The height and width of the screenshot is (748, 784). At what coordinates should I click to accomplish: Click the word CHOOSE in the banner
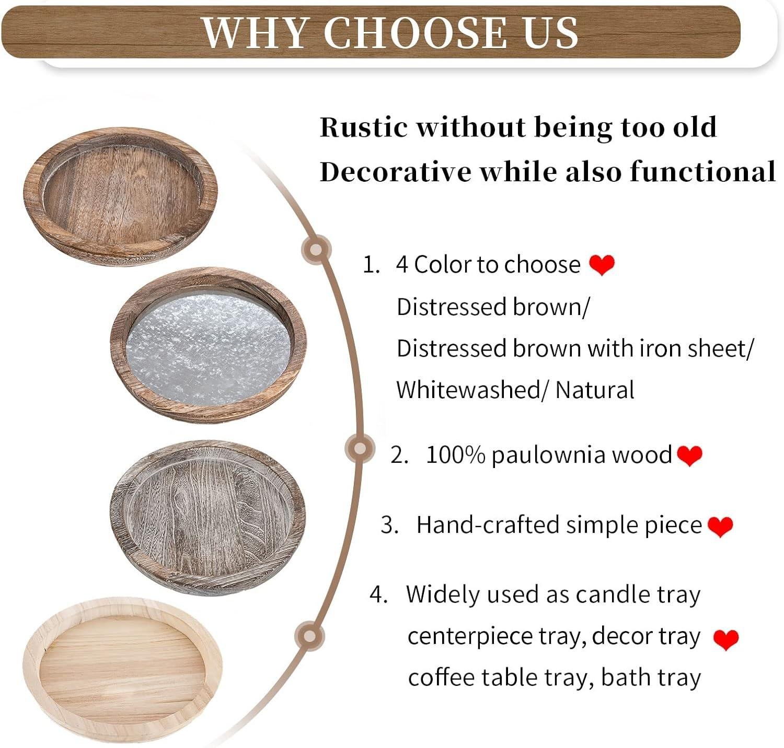coord(416,32)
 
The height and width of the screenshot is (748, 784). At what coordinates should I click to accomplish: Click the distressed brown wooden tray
coord(120,196)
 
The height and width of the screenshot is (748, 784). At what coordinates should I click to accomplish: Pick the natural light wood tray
coord(123,671)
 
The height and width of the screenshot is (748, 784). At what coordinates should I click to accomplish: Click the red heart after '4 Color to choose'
coord(602,265)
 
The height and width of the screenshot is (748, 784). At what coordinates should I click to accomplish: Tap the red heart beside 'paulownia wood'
coord(689,455)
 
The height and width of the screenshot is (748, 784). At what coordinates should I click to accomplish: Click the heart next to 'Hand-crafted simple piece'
coord(720,526)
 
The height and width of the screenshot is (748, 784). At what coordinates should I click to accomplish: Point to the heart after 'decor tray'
coord(726,639)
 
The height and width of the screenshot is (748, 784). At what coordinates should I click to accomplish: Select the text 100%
coord(455,455)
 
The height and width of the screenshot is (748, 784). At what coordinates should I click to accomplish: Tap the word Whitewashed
coord(467,390)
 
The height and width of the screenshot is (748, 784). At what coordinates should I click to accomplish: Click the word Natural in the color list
coord(595,390)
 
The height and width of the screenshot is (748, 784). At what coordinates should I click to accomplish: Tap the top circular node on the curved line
coord(316,249)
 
